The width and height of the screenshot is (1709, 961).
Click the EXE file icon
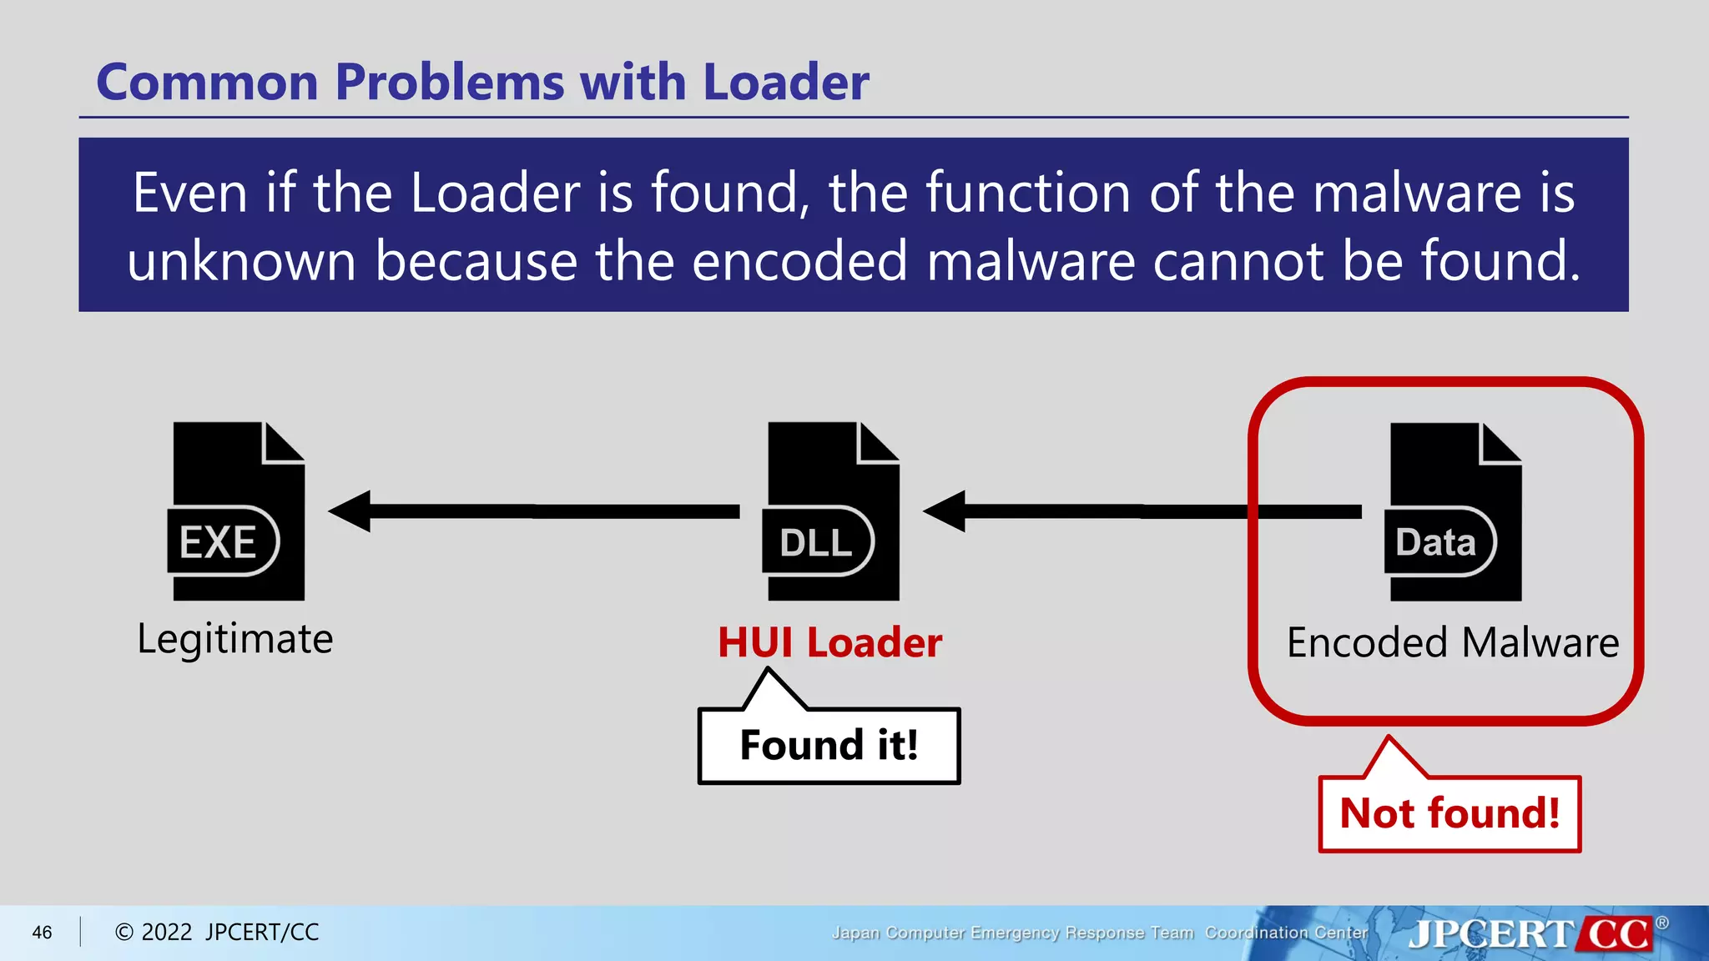point(237,511)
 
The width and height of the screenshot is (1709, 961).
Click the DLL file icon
point(832,511)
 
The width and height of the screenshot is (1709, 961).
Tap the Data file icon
point(1454,511)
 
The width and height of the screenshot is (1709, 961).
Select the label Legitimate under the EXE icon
point(235,639)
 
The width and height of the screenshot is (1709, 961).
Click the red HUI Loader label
point(829,643)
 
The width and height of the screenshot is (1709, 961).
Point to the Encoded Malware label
point(1453,643)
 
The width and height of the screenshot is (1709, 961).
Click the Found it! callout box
point(829,745)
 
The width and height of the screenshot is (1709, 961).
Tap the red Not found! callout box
point(1449,813)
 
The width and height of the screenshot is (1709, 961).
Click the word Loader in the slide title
point(785,83)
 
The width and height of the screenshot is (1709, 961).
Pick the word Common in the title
point(208,83)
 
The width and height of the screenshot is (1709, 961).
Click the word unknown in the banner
point(241,261)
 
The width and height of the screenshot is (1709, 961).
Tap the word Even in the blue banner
point(191,193)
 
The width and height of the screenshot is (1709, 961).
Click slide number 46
point(42,933)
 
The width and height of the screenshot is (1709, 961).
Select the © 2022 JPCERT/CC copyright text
point(217,933)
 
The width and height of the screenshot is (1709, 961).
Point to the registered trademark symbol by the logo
point(1662,923)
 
